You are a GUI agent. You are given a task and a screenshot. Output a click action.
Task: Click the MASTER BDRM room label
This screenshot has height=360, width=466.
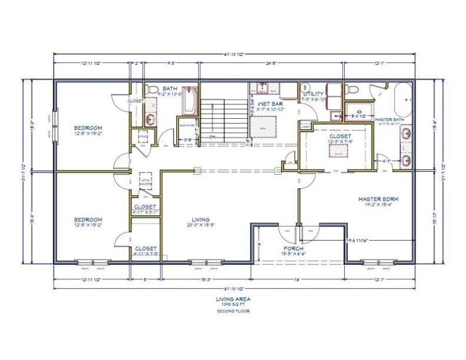[x=378, y=199]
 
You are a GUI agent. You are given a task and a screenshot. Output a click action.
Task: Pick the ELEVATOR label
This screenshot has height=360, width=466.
[x=186, y=125]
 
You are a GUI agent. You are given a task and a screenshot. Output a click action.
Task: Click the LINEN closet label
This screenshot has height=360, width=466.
[x=305, y=126]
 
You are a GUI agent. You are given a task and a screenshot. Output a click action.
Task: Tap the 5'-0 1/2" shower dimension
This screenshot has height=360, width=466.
[x=358, y=116]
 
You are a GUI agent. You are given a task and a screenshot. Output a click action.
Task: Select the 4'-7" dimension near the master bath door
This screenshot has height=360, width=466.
[x=386, y=161]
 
